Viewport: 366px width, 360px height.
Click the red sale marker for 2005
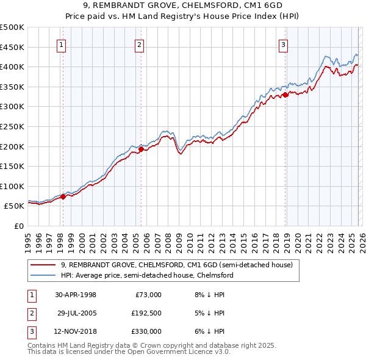(141, 149)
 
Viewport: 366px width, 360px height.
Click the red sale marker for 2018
(285, 95)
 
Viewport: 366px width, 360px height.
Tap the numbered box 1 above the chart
(62, 44)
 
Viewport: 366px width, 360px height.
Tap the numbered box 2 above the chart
(140, 44)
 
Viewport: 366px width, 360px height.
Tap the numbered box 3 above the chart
(284, 44)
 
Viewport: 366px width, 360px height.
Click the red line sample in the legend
(43, 265)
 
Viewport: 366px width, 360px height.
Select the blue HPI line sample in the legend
(43, 275)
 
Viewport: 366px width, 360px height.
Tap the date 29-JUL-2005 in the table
(76, 313)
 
